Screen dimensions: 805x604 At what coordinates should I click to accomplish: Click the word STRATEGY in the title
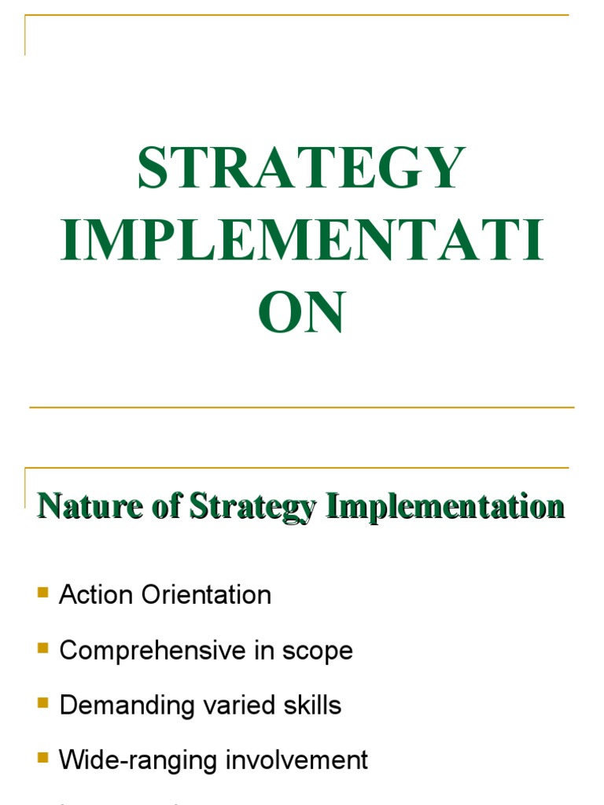pos(302,170)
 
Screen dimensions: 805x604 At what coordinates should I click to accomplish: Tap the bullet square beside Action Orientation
pos(42,592)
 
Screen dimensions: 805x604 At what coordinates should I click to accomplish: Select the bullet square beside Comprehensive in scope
pos(42,648)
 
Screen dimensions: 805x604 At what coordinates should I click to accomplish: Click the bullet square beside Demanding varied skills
pos(42,703)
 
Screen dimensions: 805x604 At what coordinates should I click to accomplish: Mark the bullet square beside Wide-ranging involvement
pos(42,758)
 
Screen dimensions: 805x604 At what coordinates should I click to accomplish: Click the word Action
pos(97,595)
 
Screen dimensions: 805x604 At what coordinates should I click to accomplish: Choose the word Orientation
pos(207,595)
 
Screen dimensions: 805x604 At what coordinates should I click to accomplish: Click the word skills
pos(311,705)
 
